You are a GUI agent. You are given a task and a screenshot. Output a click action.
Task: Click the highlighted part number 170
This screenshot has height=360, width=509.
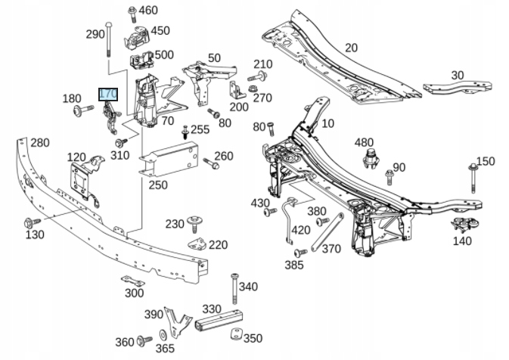click(x=108, y=95)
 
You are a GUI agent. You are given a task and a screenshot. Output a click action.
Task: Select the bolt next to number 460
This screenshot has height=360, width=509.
click(x=132, y=14)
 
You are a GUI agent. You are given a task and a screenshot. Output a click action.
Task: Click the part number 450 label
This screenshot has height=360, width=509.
click(x=160, y=30)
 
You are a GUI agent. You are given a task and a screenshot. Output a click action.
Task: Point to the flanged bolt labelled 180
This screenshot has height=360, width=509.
click(x=83, y=110)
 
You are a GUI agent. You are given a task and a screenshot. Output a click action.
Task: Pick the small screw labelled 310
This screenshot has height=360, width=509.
click(x=121, y=142)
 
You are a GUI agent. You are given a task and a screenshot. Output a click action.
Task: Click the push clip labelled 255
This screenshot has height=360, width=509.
click(x=185, y=132)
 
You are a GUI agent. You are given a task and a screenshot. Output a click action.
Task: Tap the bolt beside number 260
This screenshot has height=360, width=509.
click(x=211, y=163)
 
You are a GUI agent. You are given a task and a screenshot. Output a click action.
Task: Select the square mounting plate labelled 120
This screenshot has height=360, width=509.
click(x=80, y=179)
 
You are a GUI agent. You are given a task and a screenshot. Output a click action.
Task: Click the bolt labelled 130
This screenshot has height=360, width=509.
click(x=32, y=222)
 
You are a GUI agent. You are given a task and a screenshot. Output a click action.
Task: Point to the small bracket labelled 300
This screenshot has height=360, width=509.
click(x=133, y=281)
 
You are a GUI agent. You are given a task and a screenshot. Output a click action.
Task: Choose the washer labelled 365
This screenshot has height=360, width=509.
click(x=163, y=335)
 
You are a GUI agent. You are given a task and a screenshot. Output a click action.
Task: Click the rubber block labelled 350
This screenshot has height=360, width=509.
click(x=237, y=334)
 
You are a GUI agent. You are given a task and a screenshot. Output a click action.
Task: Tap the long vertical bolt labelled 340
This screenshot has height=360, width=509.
click(x=234, y=289)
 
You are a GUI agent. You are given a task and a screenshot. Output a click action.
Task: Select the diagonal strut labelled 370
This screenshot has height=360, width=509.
click(x=327, y=232)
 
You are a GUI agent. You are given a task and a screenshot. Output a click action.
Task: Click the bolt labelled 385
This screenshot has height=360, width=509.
click(x=300, y=253)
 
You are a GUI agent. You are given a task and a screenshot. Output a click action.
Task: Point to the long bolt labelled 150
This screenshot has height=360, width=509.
click(x=473, y=178)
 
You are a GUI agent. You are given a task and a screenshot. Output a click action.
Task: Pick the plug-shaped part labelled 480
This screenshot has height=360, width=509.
click(x=371, y=159)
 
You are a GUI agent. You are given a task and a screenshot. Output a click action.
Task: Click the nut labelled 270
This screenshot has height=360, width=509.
click(x=253, y=88)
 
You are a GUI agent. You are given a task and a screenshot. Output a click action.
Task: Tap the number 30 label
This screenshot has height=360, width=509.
click(x=458, y=76)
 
